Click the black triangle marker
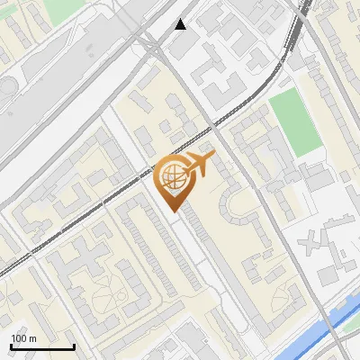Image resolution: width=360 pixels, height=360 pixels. point(181,23)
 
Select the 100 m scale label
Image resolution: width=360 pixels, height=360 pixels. point(23,338)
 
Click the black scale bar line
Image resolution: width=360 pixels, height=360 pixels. point(42,346)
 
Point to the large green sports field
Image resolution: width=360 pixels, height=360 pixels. point(295,121)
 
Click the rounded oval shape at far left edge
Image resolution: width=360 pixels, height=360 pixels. point(5,90)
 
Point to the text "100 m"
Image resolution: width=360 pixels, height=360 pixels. point(23,338)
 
